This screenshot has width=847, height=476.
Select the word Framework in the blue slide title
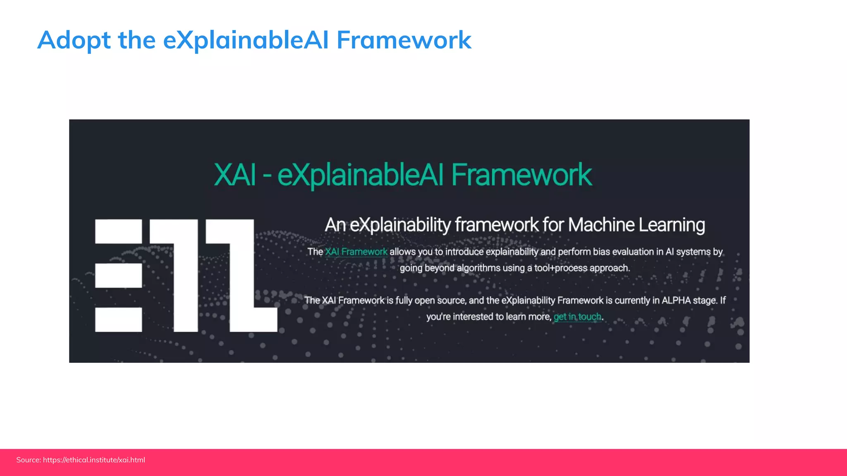tap(404, 40)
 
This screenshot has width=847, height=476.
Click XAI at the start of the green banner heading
tap(235, 175)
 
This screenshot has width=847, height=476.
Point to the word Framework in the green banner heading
tap(522, 175)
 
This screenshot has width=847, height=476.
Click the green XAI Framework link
tap(356, 252)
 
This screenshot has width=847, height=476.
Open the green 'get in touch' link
tap(577, 317)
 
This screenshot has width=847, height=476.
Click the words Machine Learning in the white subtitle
tap(636, 225)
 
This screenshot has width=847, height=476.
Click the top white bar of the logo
tap(118, 231)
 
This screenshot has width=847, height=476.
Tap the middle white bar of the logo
tap(118, 276)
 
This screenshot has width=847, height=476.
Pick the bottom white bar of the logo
tap(118, 319)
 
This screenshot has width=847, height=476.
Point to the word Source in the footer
tap(28, 460)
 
